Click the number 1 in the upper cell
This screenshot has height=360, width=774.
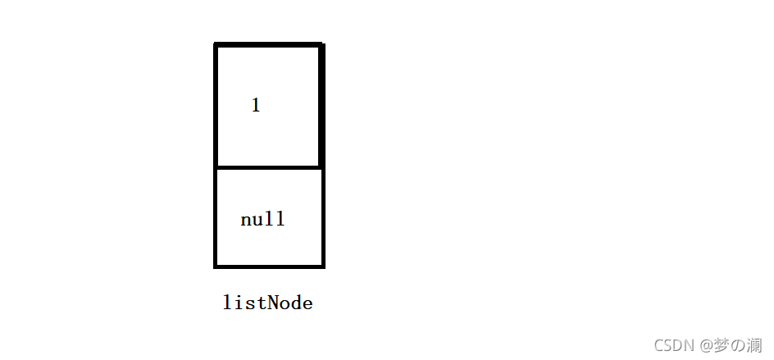[x=256, y=105]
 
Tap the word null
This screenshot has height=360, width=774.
[x=262, y=219]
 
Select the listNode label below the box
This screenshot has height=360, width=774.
[x=267, y=303]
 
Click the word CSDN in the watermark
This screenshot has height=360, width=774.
[x=675, y=345]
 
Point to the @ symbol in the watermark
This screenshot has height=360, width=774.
[x=707, y=346]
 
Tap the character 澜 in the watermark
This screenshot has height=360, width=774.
[x=754, y=345]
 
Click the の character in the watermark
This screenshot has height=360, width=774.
[x=738, y=346]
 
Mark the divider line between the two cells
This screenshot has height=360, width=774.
[x=269, y=168]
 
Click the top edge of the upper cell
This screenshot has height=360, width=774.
[x=269, y=45]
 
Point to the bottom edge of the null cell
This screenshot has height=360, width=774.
[x=269, y=267]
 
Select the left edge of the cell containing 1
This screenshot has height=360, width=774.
[x=216, y=106]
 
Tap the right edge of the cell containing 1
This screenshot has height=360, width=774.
[x=322, y=106]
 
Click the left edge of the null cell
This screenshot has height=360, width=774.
[x=215, y=218]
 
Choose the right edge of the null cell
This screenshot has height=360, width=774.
[x=323, y=218]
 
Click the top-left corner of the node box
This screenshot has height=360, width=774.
[x=215, y=44]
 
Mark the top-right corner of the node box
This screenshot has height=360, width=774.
[x=323, y=44]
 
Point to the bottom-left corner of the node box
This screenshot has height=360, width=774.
[x=215, y=267]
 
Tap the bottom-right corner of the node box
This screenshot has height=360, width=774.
[x=324, y=267]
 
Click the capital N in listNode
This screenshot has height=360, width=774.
[x=271, y=303]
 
